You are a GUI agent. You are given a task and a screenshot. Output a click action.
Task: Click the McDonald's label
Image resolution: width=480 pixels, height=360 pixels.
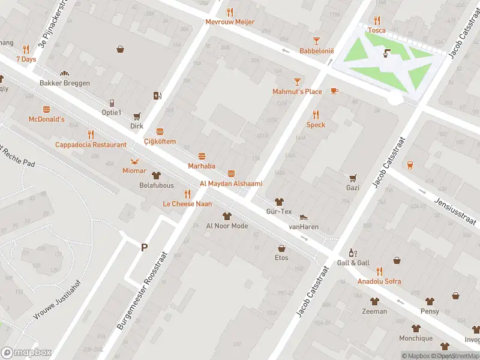point(46,119)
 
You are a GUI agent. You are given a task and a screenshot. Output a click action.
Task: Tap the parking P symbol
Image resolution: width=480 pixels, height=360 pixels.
point(144,247)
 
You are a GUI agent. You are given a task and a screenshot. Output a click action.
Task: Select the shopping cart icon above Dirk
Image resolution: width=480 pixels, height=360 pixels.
point(137,116)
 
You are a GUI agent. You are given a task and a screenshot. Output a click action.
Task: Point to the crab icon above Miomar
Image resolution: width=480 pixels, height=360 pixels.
point(134,161)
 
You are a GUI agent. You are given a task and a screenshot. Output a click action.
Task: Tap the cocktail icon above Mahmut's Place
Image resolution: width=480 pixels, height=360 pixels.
point(297,81)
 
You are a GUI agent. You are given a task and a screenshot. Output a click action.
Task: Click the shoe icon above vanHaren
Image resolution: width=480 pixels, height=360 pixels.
point(304,217)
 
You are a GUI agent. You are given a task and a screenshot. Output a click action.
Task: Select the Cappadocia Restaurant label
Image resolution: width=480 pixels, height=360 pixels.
point(91,145)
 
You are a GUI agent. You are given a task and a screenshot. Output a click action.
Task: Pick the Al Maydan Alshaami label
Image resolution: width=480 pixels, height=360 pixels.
point(231,184)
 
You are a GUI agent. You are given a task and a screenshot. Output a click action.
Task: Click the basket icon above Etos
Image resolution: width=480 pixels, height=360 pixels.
point(281,248)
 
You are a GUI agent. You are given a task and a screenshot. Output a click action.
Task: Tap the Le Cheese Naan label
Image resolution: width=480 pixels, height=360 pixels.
point(187,204)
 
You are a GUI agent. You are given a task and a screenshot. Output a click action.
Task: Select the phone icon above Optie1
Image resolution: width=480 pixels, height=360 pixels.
point(112,103)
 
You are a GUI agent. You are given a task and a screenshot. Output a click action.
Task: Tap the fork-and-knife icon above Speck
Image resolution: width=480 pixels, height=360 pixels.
point(316,114)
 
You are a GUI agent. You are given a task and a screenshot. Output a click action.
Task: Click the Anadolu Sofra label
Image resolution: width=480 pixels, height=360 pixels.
point(379,281)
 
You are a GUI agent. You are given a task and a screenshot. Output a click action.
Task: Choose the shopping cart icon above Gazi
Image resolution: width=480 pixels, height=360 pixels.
point(353,178)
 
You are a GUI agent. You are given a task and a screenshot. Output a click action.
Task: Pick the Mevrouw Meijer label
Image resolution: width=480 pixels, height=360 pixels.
point(230,22)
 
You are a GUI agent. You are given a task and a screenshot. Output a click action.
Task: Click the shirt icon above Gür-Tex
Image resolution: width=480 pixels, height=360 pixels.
point(278,202)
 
